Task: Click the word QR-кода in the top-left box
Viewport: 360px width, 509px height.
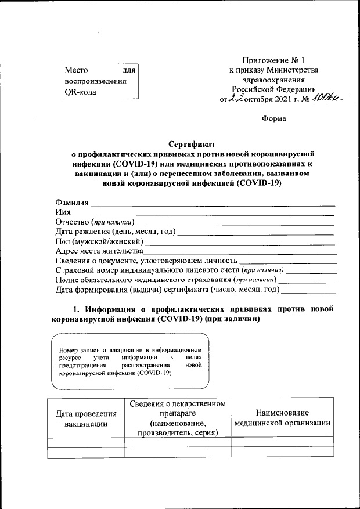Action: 81,93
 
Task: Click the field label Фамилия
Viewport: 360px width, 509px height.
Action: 71,203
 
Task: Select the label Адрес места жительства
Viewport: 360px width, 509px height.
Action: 99,251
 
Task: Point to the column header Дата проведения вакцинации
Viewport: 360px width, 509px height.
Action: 86,418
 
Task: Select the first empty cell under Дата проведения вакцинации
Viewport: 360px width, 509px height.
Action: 86,442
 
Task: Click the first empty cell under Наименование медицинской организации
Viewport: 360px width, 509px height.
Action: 282,442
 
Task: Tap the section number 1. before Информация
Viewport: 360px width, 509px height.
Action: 74,308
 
